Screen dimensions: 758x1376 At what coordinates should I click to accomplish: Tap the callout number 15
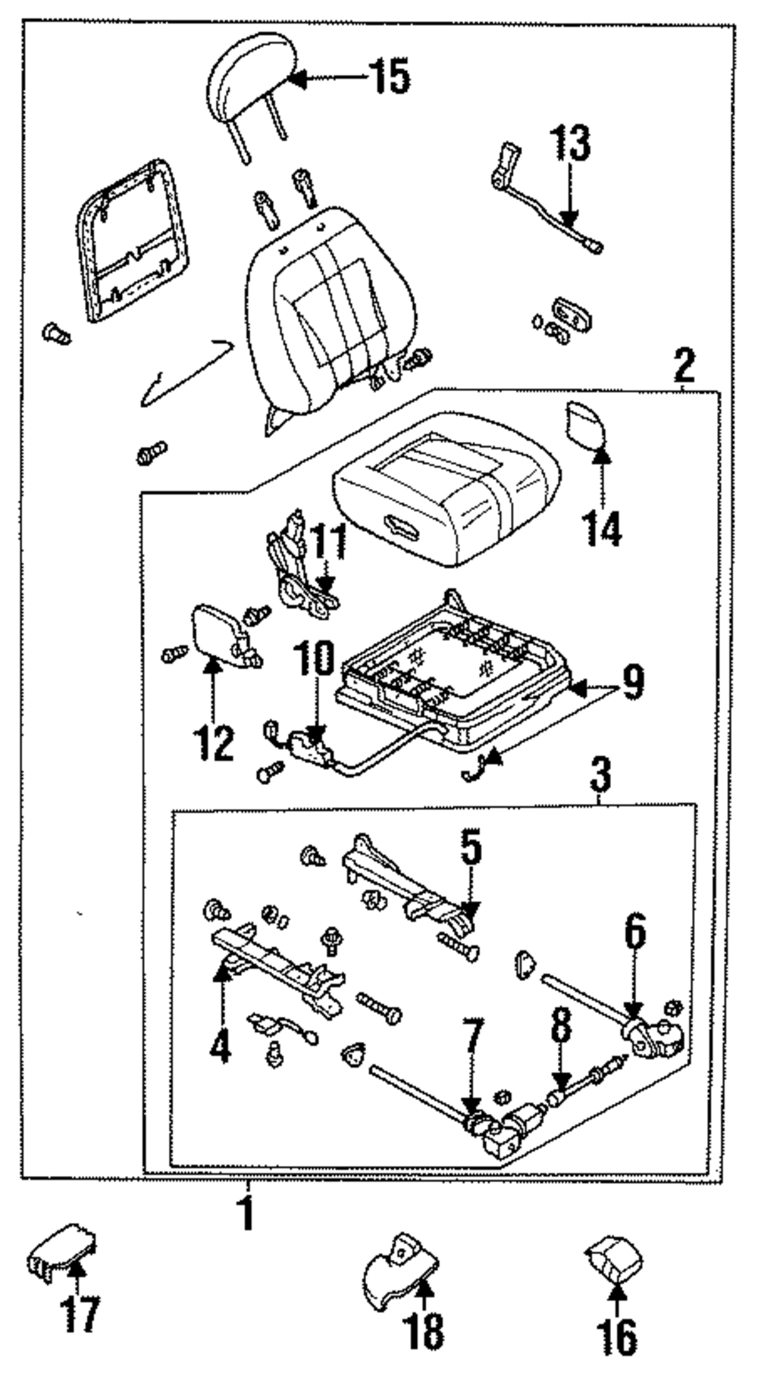pyautogui.click(x=390, y=77)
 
